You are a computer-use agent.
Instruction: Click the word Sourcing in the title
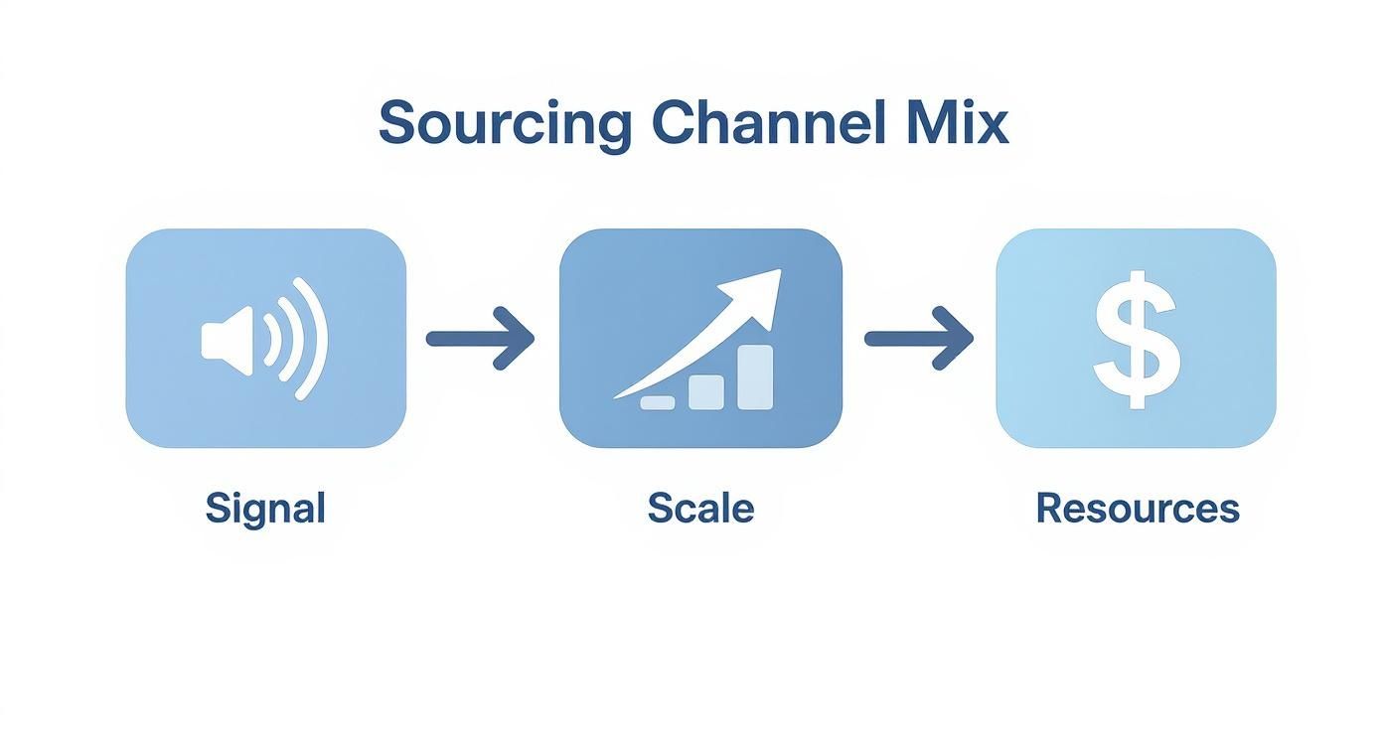504,124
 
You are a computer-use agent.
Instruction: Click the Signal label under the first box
265,509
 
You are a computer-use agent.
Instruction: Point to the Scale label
700,509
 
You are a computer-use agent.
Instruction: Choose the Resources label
1137,509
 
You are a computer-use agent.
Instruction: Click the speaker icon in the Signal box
263,339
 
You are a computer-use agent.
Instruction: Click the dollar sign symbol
1137,339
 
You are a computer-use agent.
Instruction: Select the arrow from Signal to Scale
481,339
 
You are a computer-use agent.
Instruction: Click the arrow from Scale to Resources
918,339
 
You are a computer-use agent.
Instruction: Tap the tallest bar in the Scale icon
755,377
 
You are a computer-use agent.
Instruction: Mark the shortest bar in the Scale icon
657,402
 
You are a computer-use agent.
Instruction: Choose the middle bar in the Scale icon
706,391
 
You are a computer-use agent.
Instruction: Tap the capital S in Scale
659,509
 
